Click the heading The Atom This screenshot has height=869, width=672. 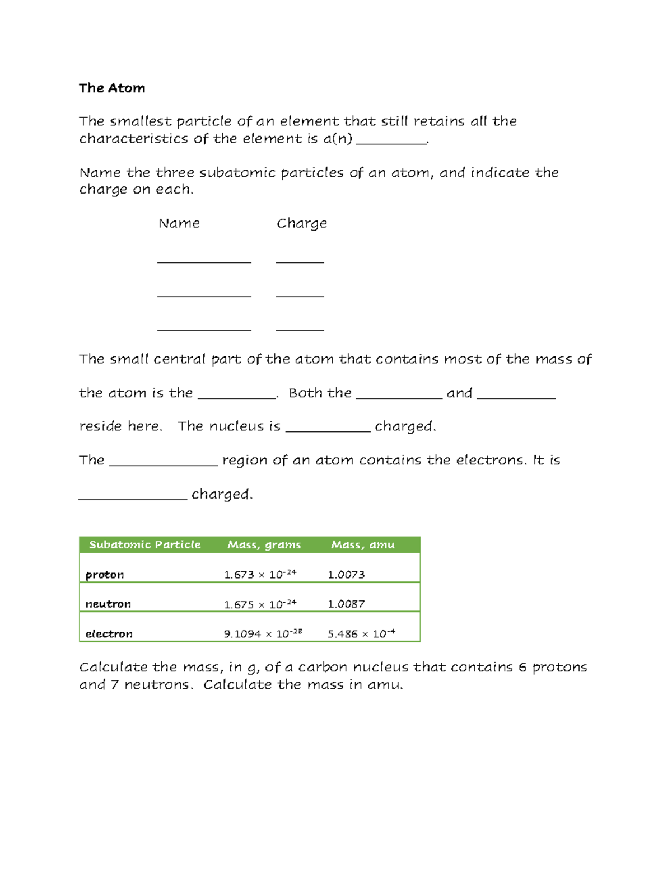tap(112, 88)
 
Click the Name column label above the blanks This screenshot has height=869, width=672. tap(179, 223)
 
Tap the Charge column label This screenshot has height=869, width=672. tap(302, 223)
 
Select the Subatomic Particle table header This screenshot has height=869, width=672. tap(144, 544)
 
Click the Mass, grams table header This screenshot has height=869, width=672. tap(264, 544)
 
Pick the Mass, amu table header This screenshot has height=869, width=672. tap(362, 544)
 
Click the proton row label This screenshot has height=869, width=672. tap(105, 575)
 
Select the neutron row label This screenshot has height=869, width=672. tap(108, 604)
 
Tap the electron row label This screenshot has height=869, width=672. tap(109, 633)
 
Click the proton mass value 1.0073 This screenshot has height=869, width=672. tap(346, 575)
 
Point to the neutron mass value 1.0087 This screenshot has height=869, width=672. tap(346, 604)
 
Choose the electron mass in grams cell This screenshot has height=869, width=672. tap(263, 633)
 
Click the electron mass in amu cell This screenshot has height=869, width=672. tap(361, 633)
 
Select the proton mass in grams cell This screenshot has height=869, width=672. tap(260, 575)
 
